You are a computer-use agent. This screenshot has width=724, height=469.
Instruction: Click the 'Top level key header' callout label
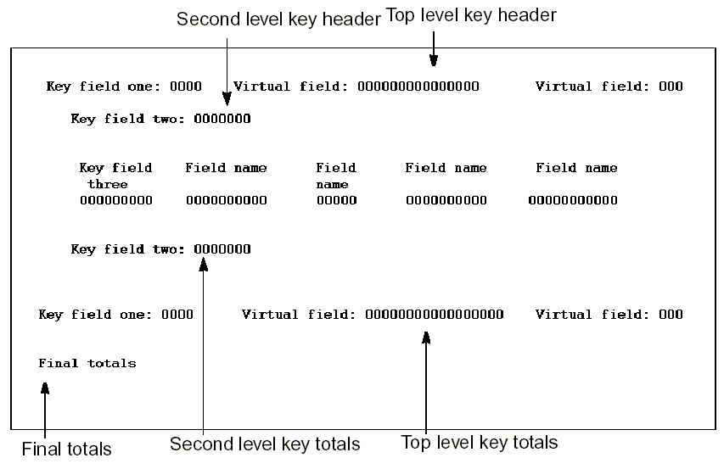(471, 15)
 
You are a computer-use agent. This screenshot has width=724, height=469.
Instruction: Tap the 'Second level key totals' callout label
(265, 444)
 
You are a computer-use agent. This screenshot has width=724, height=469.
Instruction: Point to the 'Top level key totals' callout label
(479, 442)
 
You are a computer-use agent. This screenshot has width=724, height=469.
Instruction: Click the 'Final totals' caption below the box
(66, 448)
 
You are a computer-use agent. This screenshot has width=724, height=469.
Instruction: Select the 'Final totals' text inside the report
(87, 363)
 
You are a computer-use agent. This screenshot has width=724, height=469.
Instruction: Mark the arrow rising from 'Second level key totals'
(204, 339)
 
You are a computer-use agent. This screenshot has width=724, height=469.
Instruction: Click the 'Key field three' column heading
(115, 176)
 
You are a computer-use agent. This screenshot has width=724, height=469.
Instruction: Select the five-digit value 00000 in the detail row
(336, 201)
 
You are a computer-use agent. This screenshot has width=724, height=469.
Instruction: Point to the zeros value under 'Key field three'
(115, 201)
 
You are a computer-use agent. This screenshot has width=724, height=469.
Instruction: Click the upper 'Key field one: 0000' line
(124, 87)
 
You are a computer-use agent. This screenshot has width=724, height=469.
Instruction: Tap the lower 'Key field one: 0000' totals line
(115, 315)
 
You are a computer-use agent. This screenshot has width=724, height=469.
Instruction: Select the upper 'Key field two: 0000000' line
(160, 119)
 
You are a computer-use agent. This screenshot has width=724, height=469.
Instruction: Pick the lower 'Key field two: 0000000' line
(160, 249)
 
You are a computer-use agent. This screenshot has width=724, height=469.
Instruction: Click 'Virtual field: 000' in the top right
(609, 87)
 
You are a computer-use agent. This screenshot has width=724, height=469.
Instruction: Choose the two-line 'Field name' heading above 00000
(336, 176)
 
